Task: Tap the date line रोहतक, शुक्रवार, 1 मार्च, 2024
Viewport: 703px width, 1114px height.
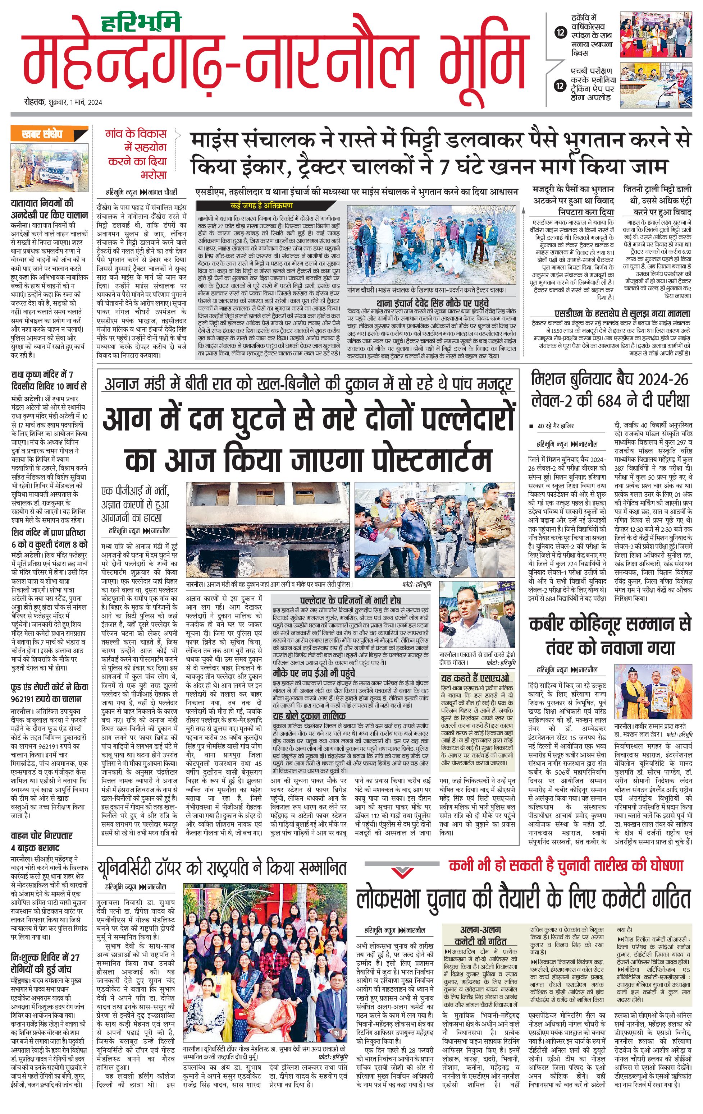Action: [x=63, y=102]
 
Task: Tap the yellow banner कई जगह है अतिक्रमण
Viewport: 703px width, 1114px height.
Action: [x=261, y=206]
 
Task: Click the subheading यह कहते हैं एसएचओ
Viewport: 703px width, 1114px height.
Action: [x=475, y=678]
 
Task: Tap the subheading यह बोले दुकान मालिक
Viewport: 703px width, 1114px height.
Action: [x=310, y=716]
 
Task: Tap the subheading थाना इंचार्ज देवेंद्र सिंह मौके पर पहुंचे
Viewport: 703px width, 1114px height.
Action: [x=432, y=304]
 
